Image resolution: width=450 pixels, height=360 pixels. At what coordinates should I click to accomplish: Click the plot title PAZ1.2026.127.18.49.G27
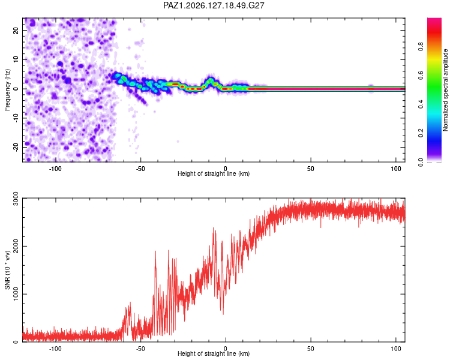[214, 5]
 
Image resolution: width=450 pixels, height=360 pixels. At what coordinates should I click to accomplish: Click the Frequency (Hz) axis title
[7, 90]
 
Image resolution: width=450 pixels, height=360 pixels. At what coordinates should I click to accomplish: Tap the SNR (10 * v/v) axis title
[7, 270]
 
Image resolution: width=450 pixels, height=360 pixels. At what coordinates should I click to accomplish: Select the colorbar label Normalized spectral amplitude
[445, 90]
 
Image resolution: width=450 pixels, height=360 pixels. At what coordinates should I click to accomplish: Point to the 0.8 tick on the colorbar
[421, 47]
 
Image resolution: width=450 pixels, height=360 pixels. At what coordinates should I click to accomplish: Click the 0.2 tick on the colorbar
[421, 133]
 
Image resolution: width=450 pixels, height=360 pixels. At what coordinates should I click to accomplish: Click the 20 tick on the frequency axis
[16, 30]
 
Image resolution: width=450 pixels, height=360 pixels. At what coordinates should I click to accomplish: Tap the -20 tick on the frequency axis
[16, 147]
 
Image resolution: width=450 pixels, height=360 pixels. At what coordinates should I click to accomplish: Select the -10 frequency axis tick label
[16, 118]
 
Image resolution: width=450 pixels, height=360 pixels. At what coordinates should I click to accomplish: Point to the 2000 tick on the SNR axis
[16, 247]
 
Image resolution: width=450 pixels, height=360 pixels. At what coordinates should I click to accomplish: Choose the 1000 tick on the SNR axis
[16, 294]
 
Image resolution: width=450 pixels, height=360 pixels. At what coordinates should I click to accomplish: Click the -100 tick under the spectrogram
[55, 169]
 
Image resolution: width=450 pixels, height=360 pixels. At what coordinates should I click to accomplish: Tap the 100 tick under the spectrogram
[396, 169]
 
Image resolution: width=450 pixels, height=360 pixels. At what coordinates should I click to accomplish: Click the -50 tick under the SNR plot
[140, 349]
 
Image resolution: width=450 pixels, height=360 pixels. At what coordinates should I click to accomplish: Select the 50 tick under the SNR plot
[311, 349]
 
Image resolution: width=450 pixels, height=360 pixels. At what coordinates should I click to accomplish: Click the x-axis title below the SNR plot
[214, 353]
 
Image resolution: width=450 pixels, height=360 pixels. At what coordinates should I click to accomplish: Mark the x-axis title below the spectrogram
[214, 174]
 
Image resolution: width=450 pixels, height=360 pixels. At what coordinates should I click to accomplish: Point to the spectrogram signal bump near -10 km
[211, 80]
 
